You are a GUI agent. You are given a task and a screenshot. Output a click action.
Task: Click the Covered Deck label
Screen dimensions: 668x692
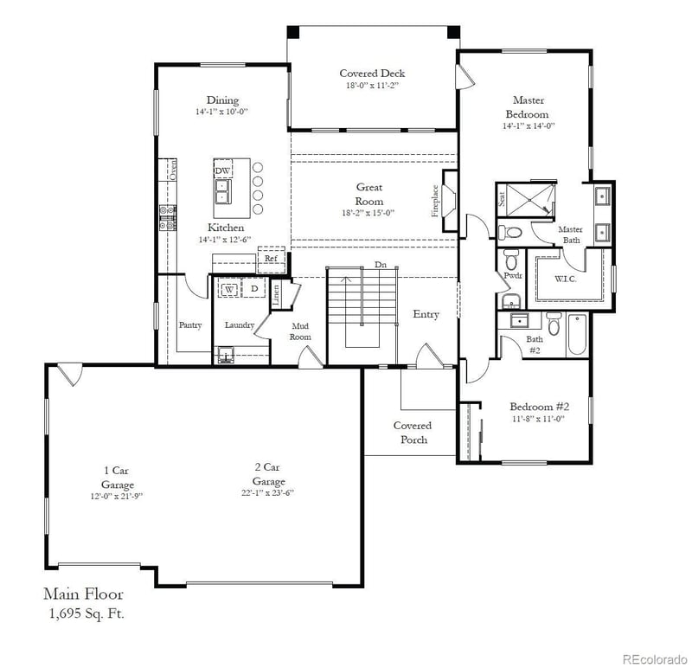click(x=372, y=74)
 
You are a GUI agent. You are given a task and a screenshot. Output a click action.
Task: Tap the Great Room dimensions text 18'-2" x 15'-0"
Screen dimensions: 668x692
click(x=369, y=213)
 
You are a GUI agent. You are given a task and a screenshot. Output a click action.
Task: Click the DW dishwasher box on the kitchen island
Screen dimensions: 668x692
click(x=222, y=170)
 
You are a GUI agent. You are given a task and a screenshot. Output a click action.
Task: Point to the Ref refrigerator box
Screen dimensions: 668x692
click(x=271, y=258)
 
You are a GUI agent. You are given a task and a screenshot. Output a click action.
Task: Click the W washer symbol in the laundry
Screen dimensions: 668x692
click(x=230, y=288)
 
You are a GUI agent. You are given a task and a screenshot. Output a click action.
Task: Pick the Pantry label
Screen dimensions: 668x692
click(x=189, y=325)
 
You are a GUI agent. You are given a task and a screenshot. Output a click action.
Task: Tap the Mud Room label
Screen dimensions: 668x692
click(x=300, y=331)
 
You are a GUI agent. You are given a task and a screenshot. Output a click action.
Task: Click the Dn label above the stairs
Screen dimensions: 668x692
click(x=381, y=265)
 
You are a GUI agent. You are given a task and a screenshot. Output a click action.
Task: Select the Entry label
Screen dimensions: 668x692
click(x=426, y=314)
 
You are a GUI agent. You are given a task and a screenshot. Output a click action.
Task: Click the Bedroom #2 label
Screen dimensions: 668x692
click(x=538, y=407)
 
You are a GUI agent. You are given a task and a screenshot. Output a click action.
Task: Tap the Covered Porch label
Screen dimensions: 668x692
click(x=412, y=433)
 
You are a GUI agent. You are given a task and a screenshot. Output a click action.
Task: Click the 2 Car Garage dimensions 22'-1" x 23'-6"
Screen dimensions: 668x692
click(x=268, y=493)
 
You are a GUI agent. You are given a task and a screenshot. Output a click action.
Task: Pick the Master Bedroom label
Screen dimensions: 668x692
click(x=528, y=107)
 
